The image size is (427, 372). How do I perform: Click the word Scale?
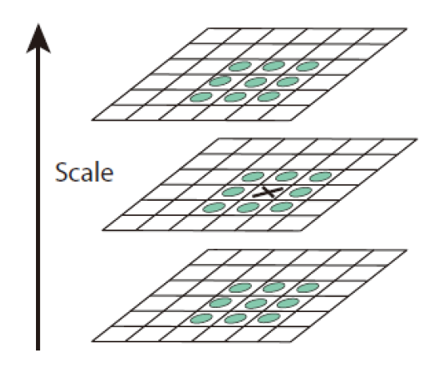coord(84,172)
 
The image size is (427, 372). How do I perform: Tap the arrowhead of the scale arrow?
coord(38,38)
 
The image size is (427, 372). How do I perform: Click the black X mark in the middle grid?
coord(268,192)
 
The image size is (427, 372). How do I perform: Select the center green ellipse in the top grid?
coord(255,82)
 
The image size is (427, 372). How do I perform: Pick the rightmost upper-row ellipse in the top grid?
coord(307,66)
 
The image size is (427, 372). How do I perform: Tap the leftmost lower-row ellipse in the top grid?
coord(201,97)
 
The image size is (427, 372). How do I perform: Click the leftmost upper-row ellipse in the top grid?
coord(240,66)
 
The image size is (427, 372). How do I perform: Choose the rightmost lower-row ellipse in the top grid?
coord(269,97)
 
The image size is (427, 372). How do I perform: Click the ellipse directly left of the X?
coord(233,191)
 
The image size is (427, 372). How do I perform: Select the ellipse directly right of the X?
coord(301,192)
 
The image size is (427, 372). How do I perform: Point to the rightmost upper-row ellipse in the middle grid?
coord(321,177)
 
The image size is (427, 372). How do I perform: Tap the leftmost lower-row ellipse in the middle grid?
coord(214,208)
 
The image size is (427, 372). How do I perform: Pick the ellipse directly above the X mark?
coord(286,176)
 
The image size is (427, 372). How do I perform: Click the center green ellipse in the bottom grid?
coord(256,303)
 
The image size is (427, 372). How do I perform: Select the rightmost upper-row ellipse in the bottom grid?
coord(307,288)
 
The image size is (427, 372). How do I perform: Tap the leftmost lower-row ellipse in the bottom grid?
coord(201,318)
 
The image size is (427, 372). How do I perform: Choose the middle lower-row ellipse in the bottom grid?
coord(236,318)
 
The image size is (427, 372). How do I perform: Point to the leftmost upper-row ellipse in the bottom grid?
coord(240,288)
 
